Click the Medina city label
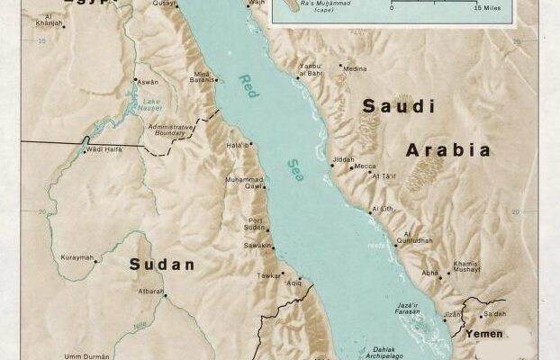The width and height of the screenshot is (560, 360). click(355, 68)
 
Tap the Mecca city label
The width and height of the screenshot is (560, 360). click(365, 166)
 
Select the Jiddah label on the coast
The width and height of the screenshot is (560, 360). click(343, 159)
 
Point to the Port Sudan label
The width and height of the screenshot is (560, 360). click(256, 224)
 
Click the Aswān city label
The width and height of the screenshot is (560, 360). click(147, 81)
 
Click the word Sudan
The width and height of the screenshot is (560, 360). click(161, 265)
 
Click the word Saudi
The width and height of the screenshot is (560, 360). click(392, 106)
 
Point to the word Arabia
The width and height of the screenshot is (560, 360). click(448, 150)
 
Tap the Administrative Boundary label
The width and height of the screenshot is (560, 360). click(170, 131)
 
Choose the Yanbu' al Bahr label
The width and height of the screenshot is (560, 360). click(310, 69)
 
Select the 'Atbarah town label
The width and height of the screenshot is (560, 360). click(149, 291)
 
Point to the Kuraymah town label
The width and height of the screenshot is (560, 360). click(77, 257)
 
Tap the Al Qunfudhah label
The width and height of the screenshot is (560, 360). click(413, 237)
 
